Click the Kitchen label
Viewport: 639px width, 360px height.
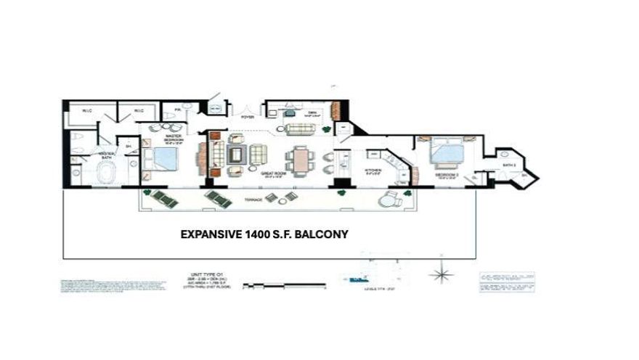373,173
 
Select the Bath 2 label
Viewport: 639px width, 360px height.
508,165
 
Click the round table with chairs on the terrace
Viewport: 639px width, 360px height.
271,197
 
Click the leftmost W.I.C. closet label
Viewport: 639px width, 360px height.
86,111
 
